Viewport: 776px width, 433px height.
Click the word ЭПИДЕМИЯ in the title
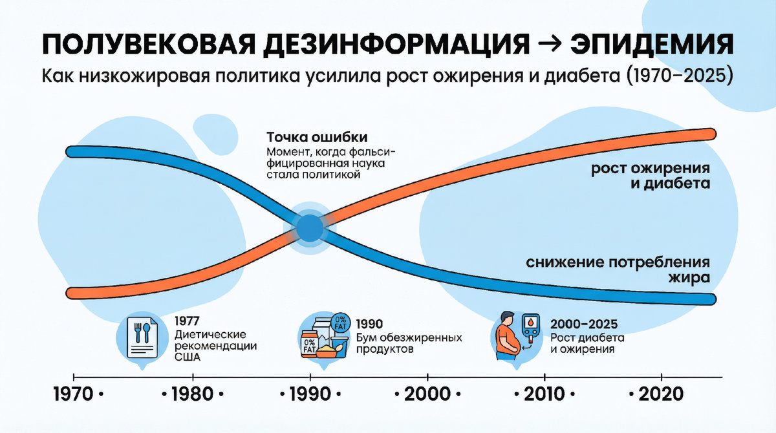[652, 45]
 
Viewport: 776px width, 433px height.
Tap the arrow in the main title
[550, 45]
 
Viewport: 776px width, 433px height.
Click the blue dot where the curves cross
[310, 228]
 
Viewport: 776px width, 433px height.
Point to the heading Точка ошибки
[317, 138]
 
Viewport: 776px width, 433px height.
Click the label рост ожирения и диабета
[651, 176]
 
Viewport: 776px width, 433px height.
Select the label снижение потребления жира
[618, 270]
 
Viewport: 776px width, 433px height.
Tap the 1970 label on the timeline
[74, 394]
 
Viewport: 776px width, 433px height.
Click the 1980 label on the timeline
[193, 394]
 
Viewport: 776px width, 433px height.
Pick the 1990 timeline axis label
[310, 394]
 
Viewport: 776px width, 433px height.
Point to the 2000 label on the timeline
[427, 394]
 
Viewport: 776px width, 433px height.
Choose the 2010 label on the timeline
[544, 394]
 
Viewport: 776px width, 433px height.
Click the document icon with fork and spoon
[142, 337]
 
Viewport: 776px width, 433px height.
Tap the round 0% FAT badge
[341, 322]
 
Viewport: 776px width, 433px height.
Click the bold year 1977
[187, 321]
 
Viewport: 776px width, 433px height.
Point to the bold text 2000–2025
[584, 324]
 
